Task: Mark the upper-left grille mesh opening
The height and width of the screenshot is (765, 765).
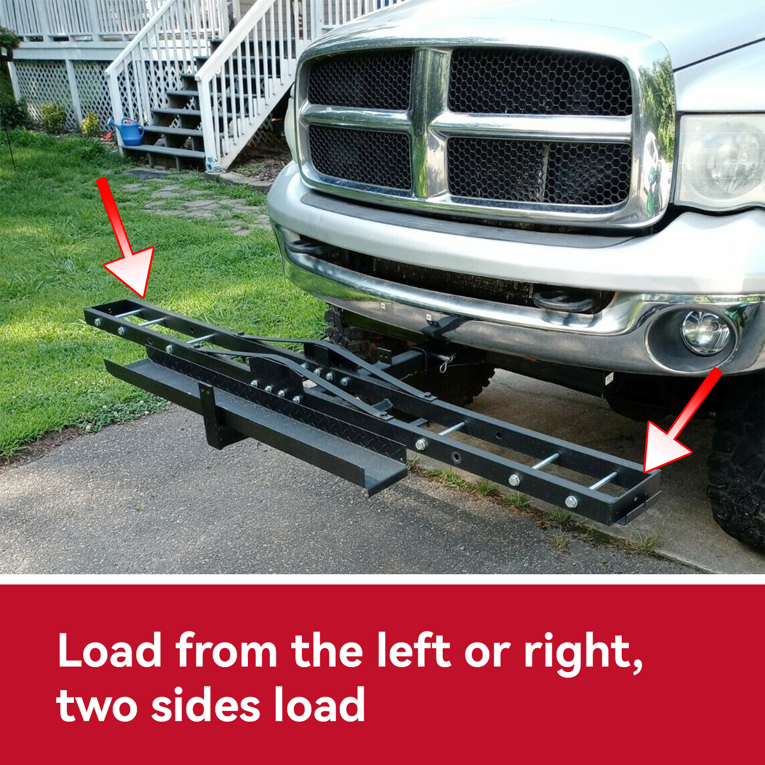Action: coord(360,79)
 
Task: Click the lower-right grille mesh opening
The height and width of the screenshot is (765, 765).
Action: coord(539,171)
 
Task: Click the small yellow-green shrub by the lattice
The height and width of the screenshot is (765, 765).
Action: coord(54,117)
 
